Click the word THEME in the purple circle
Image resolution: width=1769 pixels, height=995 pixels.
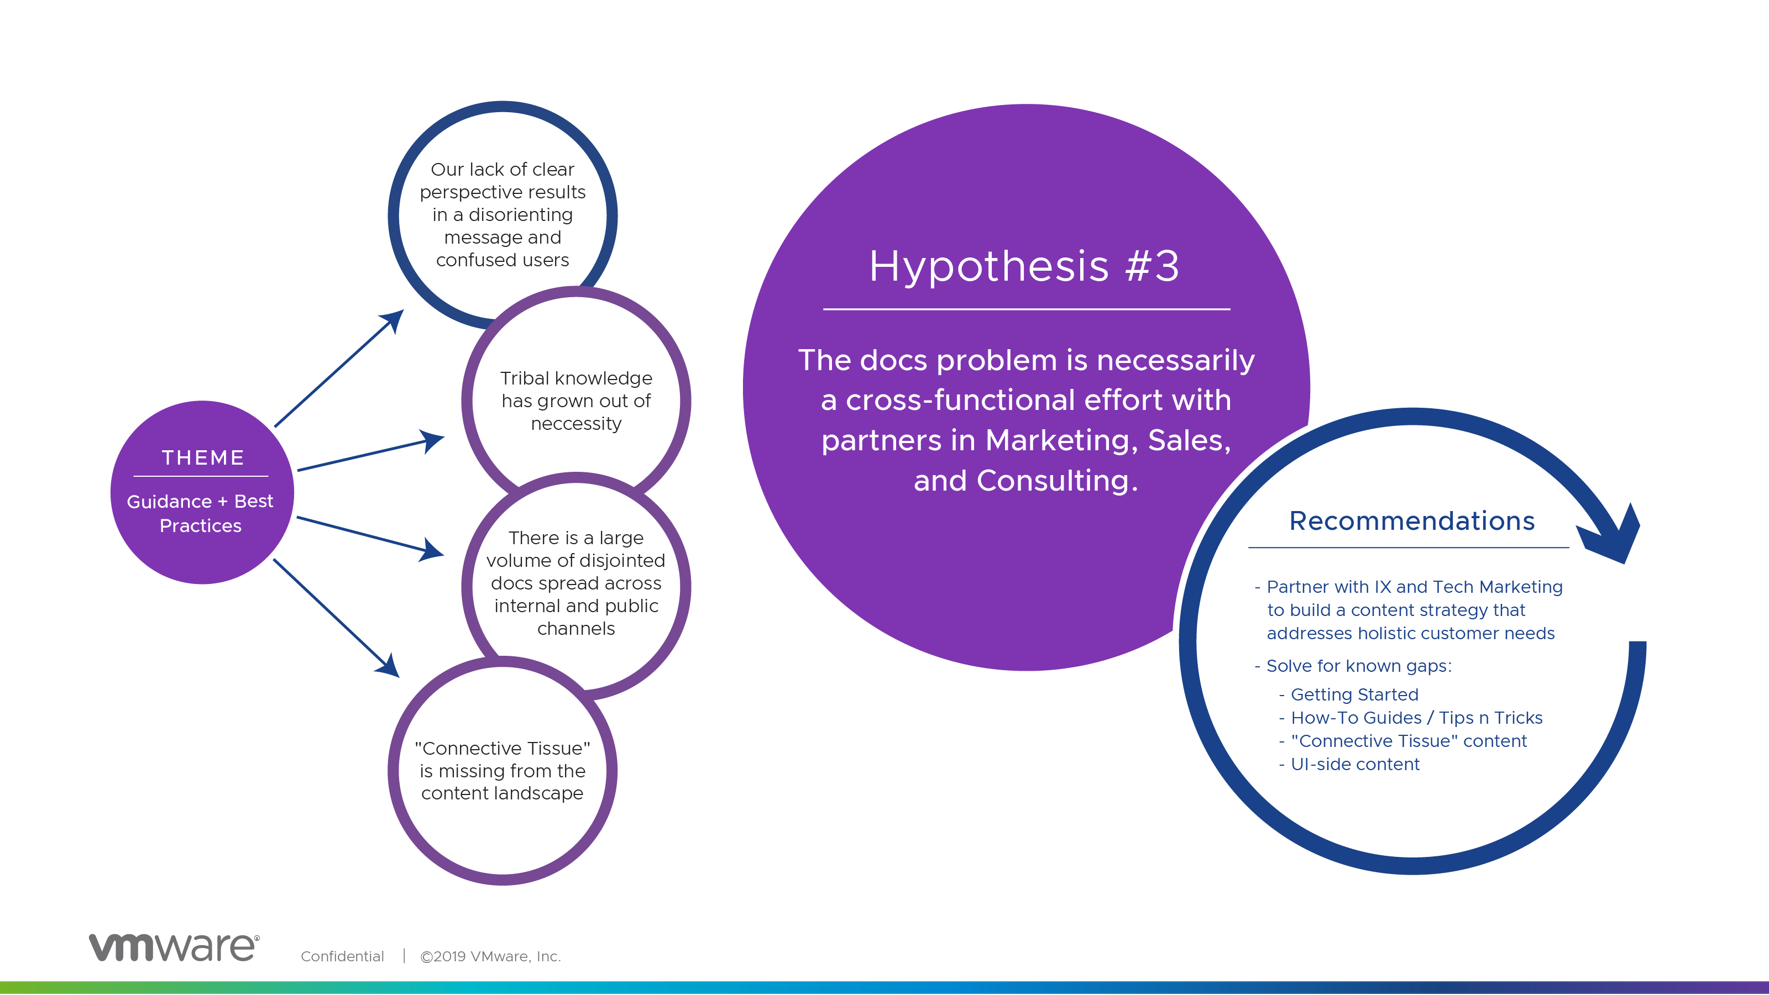tap(202, 457)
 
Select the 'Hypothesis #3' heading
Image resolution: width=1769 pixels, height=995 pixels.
tap(1024, 266)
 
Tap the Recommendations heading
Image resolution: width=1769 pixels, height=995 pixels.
tap(1412, 521)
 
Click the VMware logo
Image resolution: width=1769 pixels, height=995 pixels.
tap(175, 947)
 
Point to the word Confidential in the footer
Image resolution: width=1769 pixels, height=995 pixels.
tap(342, 956)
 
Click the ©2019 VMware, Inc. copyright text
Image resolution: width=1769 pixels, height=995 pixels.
tap(490, 956)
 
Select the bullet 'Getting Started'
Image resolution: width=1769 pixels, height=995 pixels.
tap(1354, 694)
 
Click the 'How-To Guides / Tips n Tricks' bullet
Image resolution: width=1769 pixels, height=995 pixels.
tap(1417, 718)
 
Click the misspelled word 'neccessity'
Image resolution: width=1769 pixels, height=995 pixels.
tap(576, 424)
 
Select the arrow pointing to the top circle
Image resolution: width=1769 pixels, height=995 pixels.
tap(339, 368)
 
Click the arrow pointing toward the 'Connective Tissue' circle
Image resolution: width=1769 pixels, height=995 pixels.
tap(337, 618)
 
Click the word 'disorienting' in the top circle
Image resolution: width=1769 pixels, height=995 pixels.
tap(521, 215)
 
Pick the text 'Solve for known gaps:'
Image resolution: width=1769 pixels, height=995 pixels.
tap(1359, 666)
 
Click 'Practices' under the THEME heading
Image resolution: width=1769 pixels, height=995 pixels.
tap(201, 525)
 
